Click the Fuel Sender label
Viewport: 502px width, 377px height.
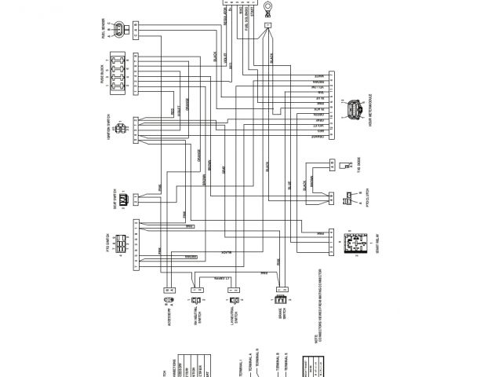click(x=104, y=31)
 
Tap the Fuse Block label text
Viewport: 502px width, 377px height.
click(x=104, y=75)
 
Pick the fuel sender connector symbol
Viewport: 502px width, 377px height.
click(x=119, y=31)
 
